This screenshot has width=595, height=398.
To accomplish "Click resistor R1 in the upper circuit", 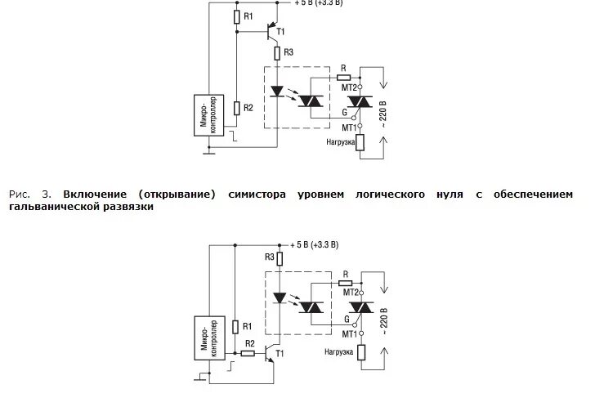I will (236, 16).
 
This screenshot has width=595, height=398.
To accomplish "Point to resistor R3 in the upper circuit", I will (277, 53).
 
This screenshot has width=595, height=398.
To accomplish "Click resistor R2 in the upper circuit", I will (236, 107).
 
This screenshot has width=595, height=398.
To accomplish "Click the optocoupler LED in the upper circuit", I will (277, 92).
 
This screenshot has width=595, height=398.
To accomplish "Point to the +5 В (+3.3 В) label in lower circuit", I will (315, 244).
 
